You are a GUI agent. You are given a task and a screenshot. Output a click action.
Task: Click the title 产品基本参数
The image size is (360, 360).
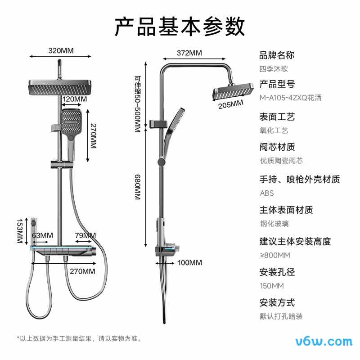click(x=180, y=27)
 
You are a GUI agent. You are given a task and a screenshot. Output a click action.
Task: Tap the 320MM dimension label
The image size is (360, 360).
click(x=61, y=50)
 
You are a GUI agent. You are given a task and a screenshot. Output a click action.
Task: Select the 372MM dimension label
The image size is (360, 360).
click(x=189, y=53)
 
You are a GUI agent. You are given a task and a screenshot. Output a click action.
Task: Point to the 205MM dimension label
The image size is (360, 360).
click(x=230, y=104)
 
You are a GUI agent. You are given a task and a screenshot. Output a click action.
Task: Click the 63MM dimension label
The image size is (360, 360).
click(x=42, y=235)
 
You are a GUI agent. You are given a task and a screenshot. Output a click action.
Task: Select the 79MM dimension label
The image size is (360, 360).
click(x=85, y=235)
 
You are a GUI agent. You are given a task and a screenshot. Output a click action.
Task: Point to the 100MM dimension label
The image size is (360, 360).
click(x=189, y=262)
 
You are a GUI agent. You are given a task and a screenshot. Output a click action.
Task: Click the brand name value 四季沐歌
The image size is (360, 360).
click(x=274, y=69)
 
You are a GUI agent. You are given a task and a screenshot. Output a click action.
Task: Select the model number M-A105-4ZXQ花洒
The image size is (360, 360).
click(x=291, y=98)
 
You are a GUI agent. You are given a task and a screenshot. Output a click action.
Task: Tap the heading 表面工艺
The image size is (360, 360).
click(x=277, y=117)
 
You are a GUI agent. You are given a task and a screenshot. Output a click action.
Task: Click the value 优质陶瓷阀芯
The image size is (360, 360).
click(x=281, y=161)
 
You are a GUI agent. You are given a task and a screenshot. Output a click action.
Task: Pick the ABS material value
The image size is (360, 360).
click(x=267, y=193)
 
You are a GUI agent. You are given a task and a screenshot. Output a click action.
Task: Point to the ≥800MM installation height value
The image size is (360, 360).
click(x=275, y=255)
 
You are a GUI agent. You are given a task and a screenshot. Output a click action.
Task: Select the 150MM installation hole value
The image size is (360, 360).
click(x=272, y=286)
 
